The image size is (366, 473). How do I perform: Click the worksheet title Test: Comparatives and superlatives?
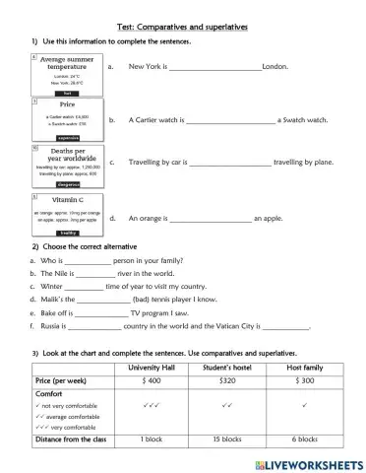(x=183, y=15)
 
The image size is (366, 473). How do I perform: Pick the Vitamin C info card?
(x=66, y=214)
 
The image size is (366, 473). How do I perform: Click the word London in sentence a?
(x=275, y=68)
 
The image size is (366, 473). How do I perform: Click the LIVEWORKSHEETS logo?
(x=307, y=462)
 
